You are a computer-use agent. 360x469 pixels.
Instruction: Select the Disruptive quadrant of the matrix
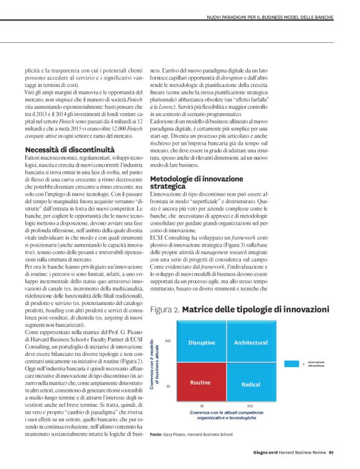coord(201,342)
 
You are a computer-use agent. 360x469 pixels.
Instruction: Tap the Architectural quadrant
coord(251,342)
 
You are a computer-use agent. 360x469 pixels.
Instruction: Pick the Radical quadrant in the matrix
coord(251,383)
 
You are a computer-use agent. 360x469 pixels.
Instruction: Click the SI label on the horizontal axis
coord(201,405)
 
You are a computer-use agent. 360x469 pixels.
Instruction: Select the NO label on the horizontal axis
coord(250,405)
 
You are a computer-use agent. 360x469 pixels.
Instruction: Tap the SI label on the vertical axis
coord(168,386)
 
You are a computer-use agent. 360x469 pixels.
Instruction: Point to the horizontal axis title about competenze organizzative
coord(225,415)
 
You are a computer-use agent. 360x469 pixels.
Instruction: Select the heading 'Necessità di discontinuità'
coord(70,150)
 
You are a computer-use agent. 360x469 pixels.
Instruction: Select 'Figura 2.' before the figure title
coord(165,309)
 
